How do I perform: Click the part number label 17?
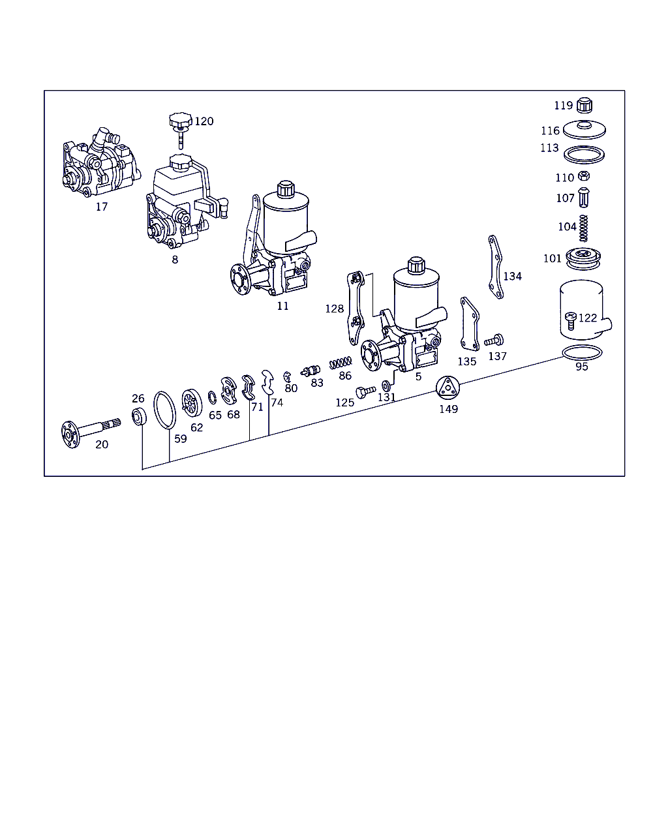[101, 207]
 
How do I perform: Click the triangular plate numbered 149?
[448, 389]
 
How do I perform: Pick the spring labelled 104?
[584, 228]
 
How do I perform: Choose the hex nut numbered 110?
[584, 175]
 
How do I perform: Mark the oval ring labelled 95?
[582, 353]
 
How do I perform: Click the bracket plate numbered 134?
[495, 267]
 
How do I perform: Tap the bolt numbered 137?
[494, 340]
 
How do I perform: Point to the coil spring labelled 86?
[341, 361]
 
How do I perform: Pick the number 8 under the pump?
[175, 259]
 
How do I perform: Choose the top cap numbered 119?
[585, 104]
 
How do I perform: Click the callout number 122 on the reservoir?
[587, 318]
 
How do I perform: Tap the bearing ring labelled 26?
[139, 416]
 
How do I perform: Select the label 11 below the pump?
[282, 305]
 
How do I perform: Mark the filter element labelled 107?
[584, 196]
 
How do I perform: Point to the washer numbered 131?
[386, 386]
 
